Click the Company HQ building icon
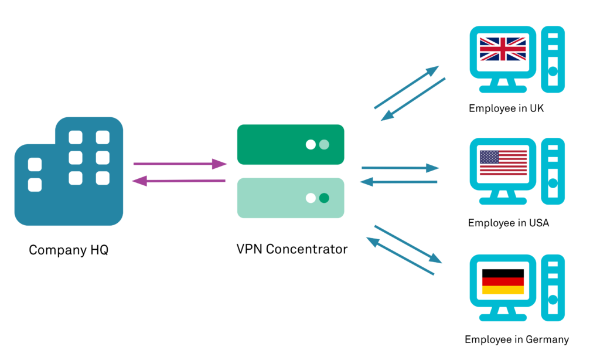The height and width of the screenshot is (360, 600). [69, 173]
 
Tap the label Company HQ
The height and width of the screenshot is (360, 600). [69, 250]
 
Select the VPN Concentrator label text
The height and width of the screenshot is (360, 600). [292, 249]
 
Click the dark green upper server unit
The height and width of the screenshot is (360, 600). [290, 144]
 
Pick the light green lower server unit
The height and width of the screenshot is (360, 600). [290, 198]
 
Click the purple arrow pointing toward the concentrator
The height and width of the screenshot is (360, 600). [180, 164]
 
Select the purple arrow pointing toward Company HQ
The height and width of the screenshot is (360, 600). [179, 181]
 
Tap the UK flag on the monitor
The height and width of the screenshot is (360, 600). [502, 49]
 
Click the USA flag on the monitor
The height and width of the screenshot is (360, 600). [502, 162]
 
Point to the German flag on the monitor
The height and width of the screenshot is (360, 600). [502, 281]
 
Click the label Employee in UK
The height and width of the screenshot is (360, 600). [507, 109]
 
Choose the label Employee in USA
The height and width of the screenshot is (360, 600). [508, 223]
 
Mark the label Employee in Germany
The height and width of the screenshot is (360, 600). [516, 339]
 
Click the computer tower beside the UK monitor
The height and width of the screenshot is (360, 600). [553, 59]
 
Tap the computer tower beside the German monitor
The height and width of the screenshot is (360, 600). [553, 288]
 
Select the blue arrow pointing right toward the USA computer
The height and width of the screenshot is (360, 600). [400, 168]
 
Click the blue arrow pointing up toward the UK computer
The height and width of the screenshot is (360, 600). [406, 88]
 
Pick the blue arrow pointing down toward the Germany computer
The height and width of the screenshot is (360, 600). [408, 244]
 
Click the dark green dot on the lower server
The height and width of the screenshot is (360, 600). [324, 198]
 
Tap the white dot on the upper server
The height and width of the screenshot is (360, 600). [311, 145]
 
